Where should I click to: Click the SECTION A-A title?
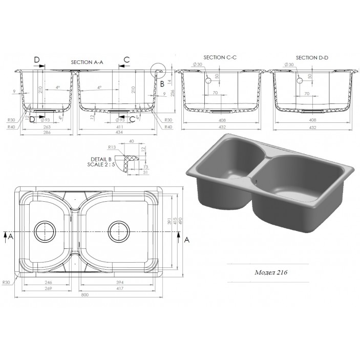[87, 61]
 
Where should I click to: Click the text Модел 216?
[271, 272]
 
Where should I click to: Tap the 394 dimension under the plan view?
[120, 282]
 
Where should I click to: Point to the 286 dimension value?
[47, 133]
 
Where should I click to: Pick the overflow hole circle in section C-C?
[209, 81]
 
